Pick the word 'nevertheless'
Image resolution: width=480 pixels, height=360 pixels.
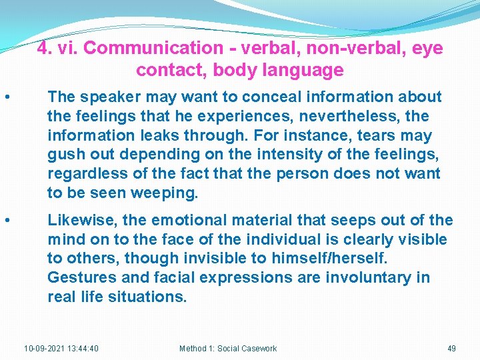click(349, 117)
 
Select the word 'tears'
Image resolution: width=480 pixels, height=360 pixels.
click(377, 136)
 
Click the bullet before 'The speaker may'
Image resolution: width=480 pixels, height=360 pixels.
click(6, 98)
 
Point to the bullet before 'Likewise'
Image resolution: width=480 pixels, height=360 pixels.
click(6, 221)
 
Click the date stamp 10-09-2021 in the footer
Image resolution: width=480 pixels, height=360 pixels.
click(61, 348)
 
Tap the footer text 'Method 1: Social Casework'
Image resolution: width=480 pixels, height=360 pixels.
click(228, 348)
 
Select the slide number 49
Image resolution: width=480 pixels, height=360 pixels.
click(451, 348)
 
